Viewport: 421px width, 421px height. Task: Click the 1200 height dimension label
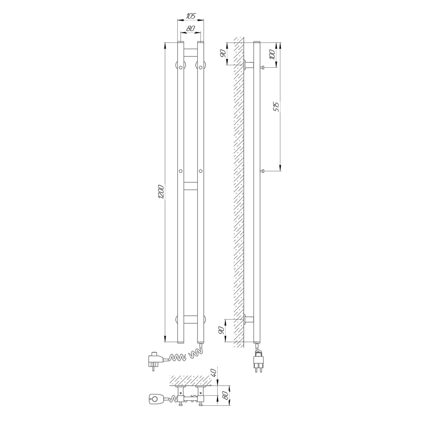tap(161, 192)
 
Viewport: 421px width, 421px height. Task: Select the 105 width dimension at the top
tap(191, 16)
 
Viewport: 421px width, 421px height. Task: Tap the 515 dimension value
tap(277, 107)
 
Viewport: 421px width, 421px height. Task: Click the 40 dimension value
tap(214, 372)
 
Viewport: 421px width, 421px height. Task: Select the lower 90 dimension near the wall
tap(221, 330)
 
